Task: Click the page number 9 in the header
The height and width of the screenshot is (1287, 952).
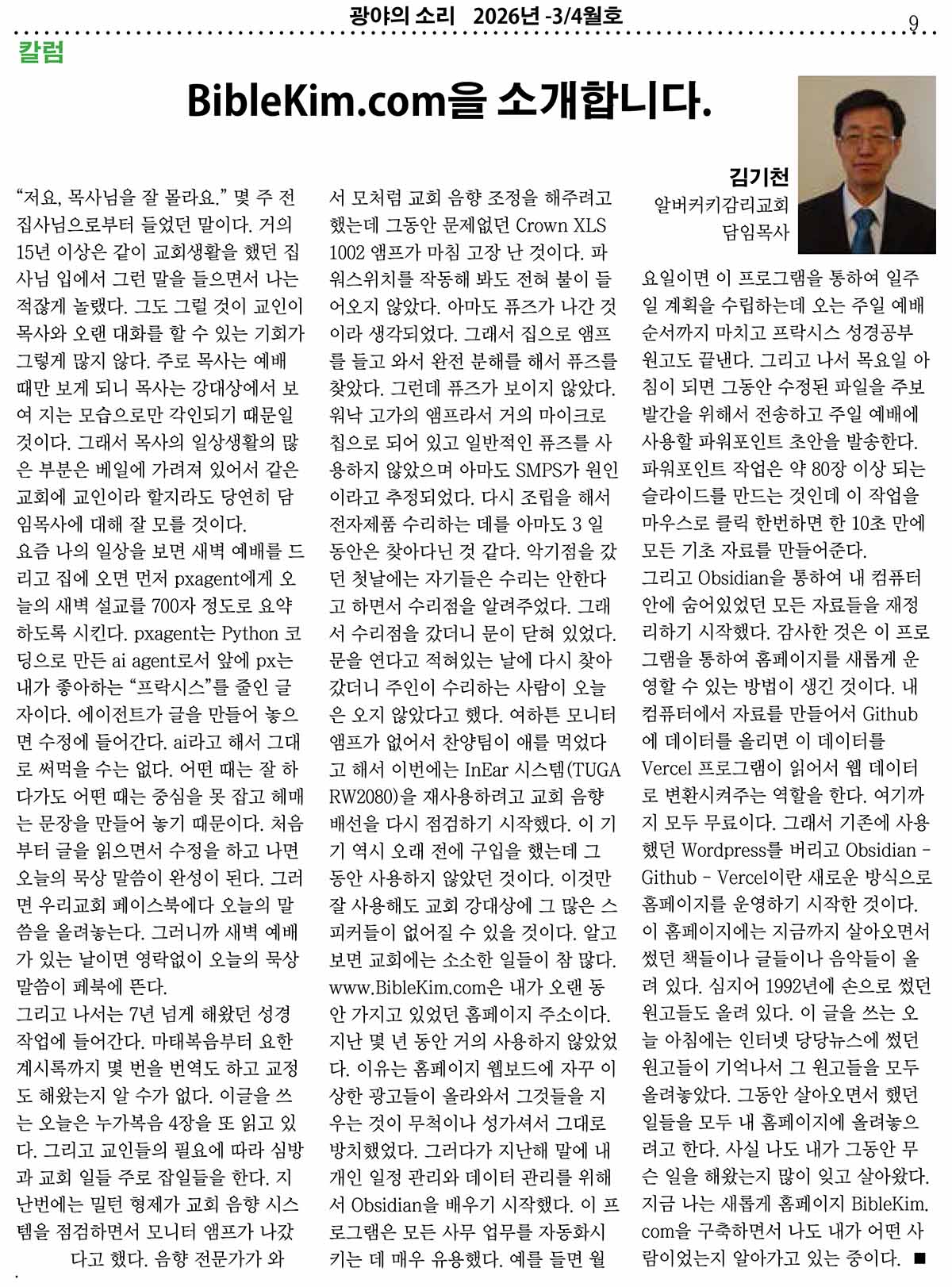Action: coord(914,25)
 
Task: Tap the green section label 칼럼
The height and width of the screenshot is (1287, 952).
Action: coord(40,53)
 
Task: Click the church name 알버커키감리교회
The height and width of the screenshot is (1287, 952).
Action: coord(720,206)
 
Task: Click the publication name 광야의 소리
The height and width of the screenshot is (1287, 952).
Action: coord(401,15)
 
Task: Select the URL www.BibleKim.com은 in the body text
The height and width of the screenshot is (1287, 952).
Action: coord(416,987)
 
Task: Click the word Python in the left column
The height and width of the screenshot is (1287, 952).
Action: coord(249,633)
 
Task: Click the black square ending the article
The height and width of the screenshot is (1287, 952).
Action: coord(919,1258)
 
